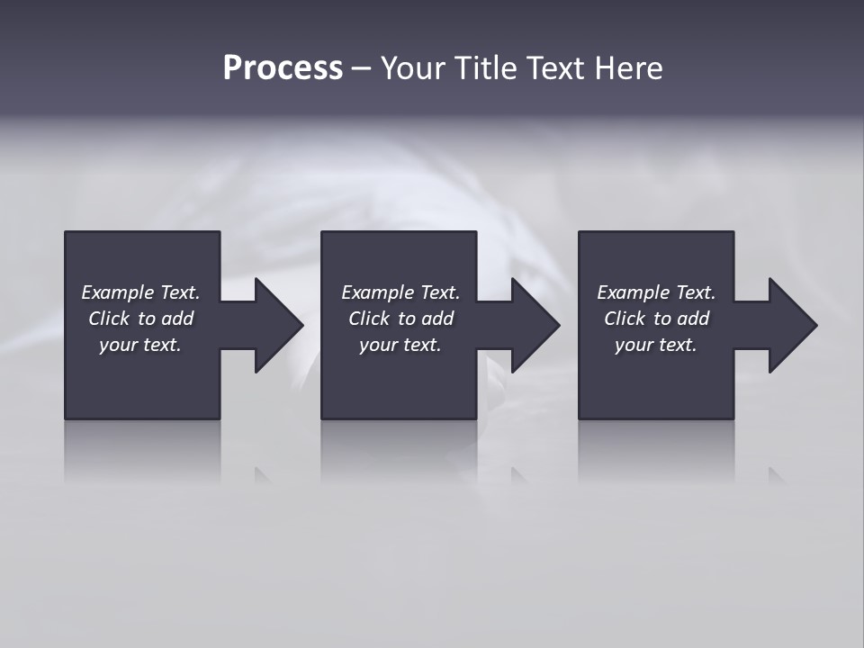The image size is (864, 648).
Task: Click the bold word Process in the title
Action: [283, 68]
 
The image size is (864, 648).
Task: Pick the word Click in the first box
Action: [109, 319]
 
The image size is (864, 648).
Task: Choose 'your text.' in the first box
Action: [140, 345]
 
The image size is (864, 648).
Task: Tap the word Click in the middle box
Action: [369, 319]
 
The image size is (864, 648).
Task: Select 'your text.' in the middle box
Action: [400, 345]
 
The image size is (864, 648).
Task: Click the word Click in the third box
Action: [625, 319]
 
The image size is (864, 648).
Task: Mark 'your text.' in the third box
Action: [656, 345]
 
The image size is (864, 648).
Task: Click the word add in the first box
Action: [177, 319]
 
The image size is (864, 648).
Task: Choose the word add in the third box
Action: [693, 319]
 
